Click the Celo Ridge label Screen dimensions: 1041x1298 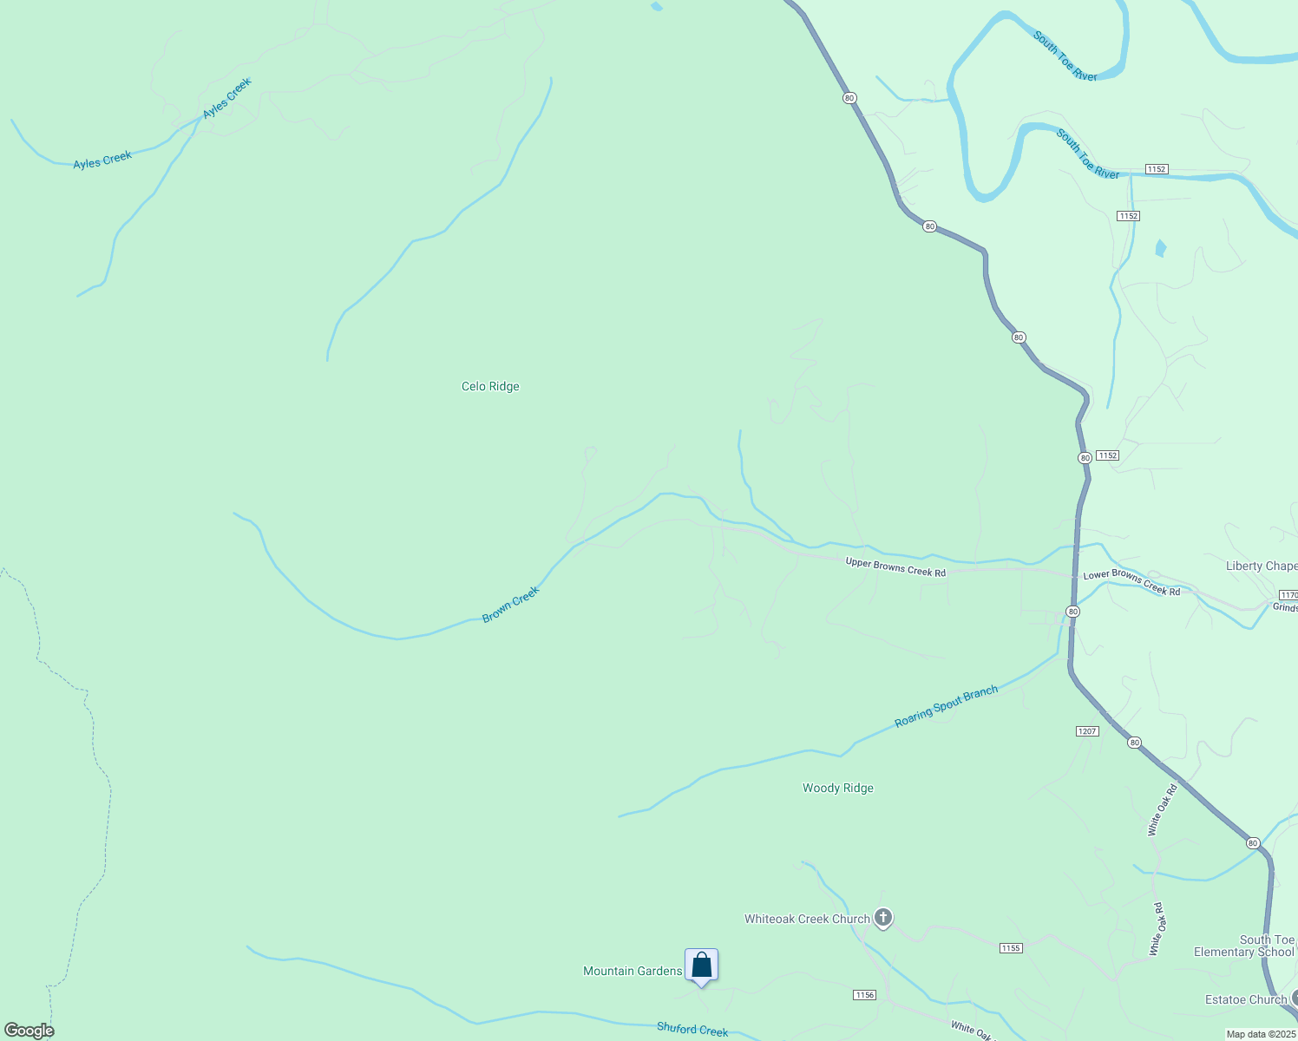coord(490,387)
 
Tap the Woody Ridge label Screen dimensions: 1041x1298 coord(837,789)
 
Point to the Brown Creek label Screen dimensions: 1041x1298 coord(511,604)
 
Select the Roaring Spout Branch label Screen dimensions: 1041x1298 coord(946,706)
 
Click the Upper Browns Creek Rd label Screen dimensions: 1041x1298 coord(895,567)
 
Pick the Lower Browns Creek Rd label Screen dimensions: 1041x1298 coord(1131,582)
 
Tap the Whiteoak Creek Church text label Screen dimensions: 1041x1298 coord(807,919)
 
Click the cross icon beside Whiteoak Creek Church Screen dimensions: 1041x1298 coord(883,918)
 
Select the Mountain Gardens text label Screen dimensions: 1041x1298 coord(633,971)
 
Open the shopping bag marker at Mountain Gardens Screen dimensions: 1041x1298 coord(701,966)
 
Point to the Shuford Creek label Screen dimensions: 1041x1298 coord(692,1029)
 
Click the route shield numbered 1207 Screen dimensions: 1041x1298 coord(1087,731)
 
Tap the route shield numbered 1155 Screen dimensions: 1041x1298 coord(1011,948)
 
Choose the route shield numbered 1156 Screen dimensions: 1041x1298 coord(864,995)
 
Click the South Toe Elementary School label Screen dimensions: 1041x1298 coord(1245,946)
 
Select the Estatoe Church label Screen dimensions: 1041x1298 coord(1246,1000)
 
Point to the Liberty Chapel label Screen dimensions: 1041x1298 coord(1261,566)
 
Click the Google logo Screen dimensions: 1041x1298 coord(29,1031)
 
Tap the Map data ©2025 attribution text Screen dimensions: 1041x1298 coord(1261,1034)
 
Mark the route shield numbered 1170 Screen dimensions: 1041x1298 coord(1288,595)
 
